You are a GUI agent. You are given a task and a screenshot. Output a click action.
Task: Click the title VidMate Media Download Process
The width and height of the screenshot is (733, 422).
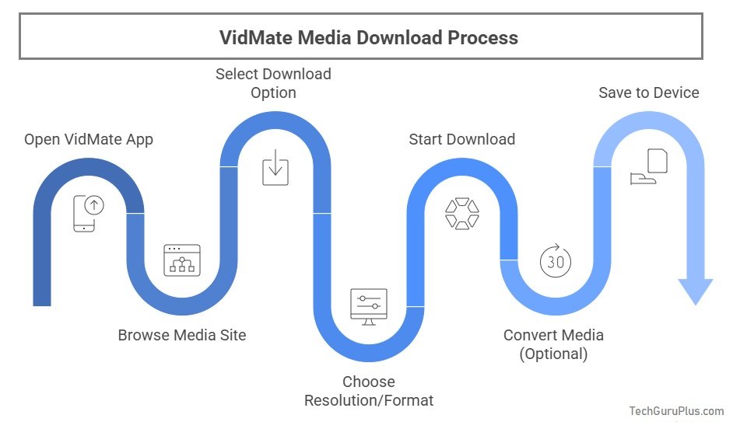pyautogui.click(x=369, y=37)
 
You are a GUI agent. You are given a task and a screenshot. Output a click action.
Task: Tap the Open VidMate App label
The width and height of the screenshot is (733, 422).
pyautogui.click(x=89, y=140)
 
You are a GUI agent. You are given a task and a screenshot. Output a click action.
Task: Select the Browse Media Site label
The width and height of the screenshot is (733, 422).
pyautogui.click(x=182, y=336)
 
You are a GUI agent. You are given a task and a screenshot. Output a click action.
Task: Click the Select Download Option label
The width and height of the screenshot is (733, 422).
pyautogui.click(x=273, y=83)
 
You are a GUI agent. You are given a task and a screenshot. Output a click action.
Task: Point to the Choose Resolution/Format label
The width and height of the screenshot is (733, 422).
pyautogui.click(x=369, y=391)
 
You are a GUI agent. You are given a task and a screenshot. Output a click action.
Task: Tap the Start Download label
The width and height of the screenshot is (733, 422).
pyautogui.click(x=462, y=140)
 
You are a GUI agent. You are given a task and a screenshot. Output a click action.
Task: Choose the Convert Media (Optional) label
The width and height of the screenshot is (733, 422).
pyautogui.click(x=553, y=344)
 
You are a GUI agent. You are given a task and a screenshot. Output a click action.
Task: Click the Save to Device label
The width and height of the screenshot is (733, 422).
pyautogui.click(x=649, y=93)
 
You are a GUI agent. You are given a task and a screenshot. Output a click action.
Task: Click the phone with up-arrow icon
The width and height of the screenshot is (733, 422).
pyautogui.click(x=89, y=212)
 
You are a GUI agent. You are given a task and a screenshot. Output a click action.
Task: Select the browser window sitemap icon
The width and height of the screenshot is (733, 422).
pyautogui.click(x=182, y=261)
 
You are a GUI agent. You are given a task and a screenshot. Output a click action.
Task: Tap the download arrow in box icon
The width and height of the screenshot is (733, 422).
pyautogui.click(x=275, y=168)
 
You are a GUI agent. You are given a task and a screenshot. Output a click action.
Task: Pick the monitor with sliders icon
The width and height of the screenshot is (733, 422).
pyautogui.click(x=369, y=305)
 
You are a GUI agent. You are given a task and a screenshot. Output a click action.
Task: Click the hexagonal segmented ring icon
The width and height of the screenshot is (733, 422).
pyautogui.click(x=462, y=214)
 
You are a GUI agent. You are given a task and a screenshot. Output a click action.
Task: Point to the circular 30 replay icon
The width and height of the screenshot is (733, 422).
pyautogui.click(x=556, y=261)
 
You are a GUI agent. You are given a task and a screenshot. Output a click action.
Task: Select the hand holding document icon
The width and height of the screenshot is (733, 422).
pyautogui.click(x=649, y=167)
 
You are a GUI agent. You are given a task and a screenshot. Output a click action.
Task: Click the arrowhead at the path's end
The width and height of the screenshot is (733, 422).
pyautogui.click(x=695, y=291)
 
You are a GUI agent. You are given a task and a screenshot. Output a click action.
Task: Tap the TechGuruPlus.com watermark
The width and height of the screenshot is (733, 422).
pyautogui.click(x=676, y=411)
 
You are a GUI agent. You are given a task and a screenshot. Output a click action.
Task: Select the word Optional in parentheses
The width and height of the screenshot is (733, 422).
pyautogui.click(x=553, y=354)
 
